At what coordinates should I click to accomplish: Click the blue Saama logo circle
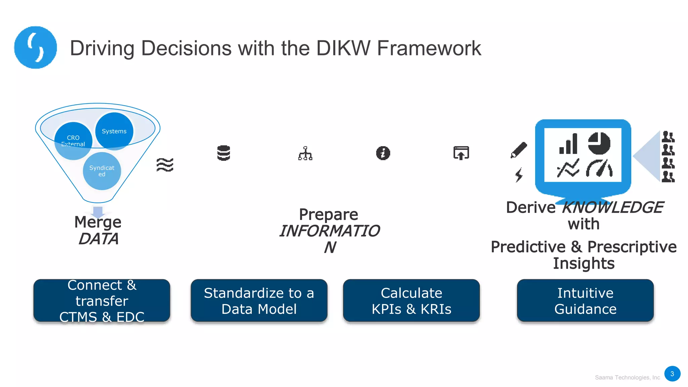click(35, 47)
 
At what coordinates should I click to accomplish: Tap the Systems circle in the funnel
click(114, 131)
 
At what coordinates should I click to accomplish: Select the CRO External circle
click(73, 141)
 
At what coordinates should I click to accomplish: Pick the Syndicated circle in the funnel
click(102, 171)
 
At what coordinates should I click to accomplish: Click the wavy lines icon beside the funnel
click(165, 165)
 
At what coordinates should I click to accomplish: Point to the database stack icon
click(223, 153)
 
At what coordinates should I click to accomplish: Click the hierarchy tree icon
click(305, 154)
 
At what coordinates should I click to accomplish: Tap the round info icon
click(383, 153)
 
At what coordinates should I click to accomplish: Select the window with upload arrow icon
click(461, 153)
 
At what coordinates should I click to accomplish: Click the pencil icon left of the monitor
click(519, 149)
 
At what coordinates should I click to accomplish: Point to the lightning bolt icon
click(519, 175)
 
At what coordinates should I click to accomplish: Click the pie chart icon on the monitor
click(599, 143)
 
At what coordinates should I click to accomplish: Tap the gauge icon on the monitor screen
click(599, 168)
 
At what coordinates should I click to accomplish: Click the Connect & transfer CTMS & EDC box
click(102, 301)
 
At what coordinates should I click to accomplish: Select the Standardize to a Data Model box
click(259, 301)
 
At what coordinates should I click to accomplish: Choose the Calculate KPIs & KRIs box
click(411, 301)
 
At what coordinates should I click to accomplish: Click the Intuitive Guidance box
click(585, 301)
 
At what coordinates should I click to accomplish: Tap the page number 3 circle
click(672, 374)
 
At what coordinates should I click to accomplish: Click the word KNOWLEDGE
click(612, 207)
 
